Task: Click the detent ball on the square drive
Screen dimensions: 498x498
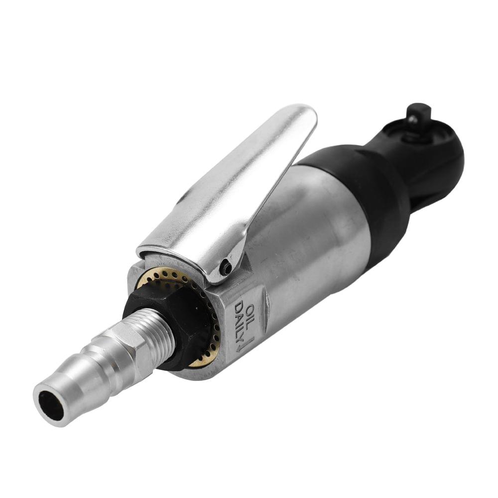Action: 412,119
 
